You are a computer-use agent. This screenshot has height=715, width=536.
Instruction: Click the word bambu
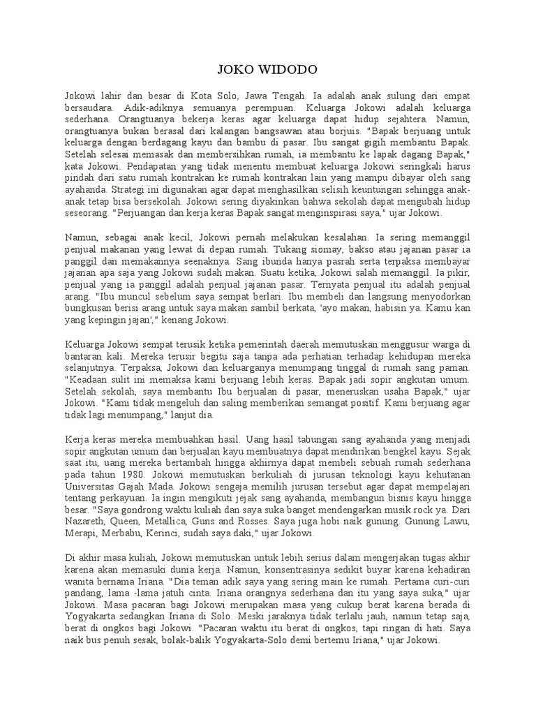point(253,140)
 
